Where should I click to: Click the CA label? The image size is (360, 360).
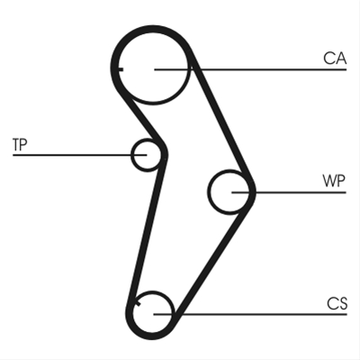(x=335, y=58)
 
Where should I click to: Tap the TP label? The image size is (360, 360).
(x=20, y=144)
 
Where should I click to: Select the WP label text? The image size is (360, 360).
(x=334, y=181)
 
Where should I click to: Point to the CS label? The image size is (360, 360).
(x=337, y=303)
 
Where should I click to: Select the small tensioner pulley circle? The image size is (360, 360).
(x=132, y=155)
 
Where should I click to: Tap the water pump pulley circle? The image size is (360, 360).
(x=209, y=192)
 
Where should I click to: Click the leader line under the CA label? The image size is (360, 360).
(x=250, y=69)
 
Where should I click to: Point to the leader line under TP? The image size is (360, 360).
(x=80, y=155)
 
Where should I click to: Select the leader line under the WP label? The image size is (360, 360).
(x=289, y=193)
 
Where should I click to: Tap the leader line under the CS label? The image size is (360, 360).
(x=250, y=314)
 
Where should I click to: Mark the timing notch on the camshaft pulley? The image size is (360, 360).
(x=121, y=69)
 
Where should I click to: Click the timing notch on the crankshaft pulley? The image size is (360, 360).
(x=139, y=304)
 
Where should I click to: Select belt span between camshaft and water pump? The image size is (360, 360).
(x=222, y=120)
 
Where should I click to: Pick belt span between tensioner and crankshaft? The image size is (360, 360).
(x=147, y=231)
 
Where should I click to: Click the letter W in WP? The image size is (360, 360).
(x=329, y=181)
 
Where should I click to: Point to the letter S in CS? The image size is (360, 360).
(x=343, y=303)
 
